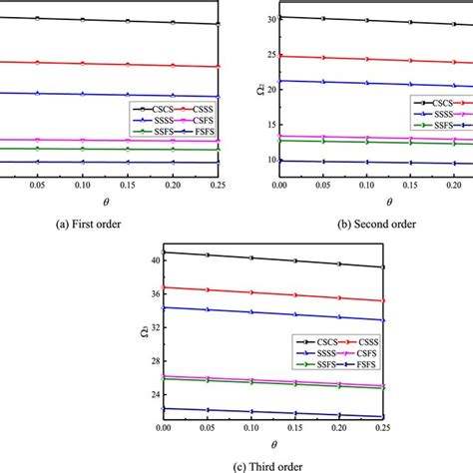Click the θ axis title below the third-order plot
[239, 443]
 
